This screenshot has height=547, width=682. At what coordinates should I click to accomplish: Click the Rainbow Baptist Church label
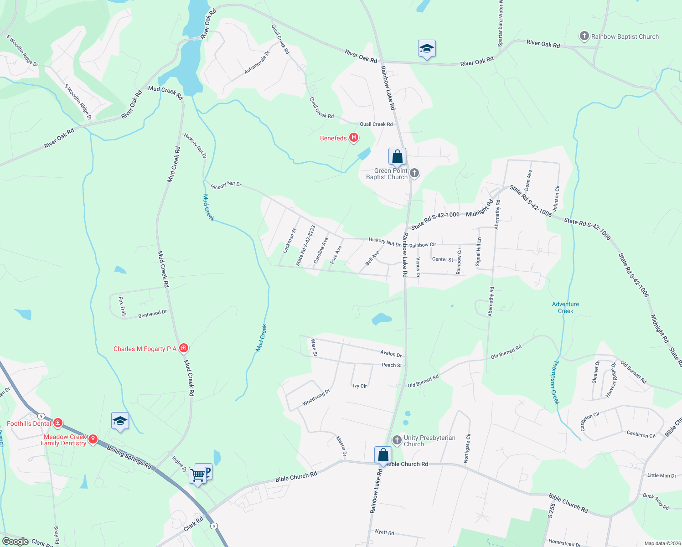[x=625, y=36]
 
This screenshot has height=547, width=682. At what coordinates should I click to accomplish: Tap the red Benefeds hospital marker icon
[x=353, y=138]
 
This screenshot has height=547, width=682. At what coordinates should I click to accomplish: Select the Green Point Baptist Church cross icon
[x=414, y=173]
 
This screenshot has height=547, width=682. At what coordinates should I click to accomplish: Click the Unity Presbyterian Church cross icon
[x=397, y=440]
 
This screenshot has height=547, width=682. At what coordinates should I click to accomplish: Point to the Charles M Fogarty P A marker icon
[x=183, y=349]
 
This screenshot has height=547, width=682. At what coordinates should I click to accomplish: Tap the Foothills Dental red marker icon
[x=57, y=423]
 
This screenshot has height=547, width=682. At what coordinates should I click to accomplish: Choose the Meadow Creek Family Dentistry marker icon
[x=93, y=439]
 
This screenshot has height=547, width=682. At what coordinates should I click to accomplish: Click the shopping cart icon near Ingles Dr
[x=198, y=475]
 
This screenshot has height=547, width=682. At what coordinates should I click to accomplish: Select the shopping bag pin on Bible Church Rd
[x=383, y=455]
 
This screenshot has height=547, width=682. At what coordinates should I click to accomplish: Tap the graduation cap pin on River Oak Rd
[x=427, y=49]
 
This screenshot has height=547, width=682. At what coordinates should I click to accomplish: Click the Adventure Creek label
[x=565, y=308]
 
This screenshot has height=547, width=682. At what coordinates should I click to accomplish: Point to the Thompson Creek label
[x=555, y=382]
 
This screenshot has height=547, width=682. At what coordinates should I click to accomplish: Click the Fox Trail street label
[x=122, y=306]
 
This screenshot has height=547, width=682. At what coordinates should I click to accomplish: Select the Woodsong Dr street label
[x=316, y=397]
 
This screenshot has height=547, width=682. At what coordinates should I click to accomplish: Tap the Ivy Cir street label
[x=360, y=386]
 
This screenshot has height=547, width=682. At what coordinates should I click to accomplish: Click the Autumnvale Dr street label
[x=257, y=62]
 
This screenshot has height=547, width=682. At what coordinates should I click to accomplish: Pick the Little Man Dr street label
[x=661, y=475]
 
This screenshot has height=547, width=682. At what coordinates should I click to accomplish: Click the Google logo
[x=15, y=542]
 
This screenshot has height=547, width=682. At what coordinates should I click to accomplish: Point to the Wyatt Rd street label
[x=384, y=532]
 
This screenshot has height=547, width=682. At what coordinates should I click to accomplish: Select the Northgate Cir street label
[x=467, y=449]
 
